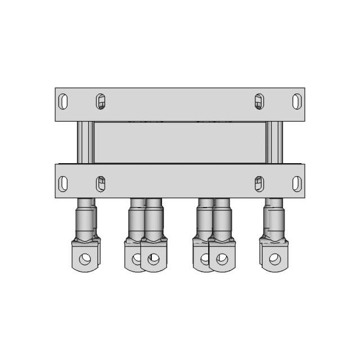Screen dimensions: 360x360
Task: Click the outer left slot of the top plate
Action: [x=64, y=102]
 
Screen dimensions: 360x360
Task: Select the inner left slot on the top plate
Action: [x=100, y=102]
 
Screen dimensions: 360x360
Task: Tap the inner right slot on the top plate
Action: [x=259, y=102]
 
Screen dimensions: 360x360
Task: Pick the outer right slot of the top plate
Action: [x=295, y=102]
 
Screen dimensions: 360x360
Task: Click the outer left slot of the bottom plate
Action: [x=64, y=183]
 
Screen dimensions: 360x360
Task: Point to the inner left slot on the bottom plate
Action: [x=100, y=183]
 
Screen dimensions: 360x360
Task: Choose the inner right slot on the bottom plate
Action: [x=259, y=183]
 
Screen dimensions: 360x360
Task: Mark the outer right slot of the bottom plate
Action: [x=295, y=183]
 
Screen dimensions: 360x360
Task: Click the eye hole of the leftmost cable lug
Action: [x=85, y=259]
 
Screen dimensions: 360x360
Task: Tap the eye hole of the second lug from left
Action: [x=136, y=259]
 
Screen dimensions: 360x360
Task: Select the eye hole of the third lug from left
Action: [x=153, y=259]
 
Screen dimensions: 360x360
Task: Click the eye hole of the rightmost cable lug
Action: [x=274, y=259]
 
